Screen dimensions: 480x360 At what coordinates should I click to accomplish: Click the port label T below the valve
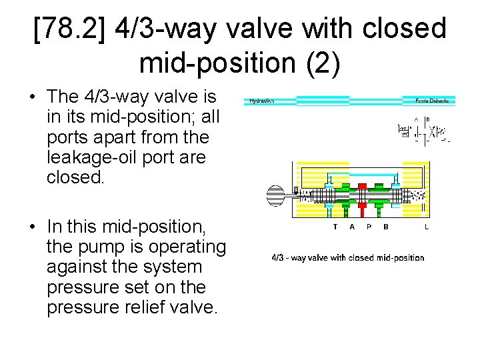pos(335,227)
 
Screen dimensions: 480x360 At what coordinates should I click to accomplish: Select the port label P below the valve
pos(369,227)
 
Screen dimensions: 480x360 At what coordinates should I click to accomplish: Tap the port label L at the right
pos(427,227)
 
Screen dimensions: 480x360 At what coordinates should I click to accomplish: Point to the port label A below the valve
pos(352,227)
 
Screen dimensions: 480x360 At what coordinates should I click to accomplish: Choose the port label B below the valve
pos(386,227)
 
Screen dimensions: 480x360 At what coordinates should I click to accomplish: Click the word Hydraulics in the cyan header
pos(262,101)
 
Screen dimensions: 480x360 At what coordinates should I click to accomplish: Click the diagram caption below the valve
pos(347,257)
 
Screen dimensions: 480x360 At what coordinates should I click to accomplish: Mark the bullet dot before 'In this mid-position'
pos(32,227)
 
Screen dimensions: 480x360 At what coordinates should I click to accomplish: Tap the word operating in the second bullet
pos(181,247)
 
